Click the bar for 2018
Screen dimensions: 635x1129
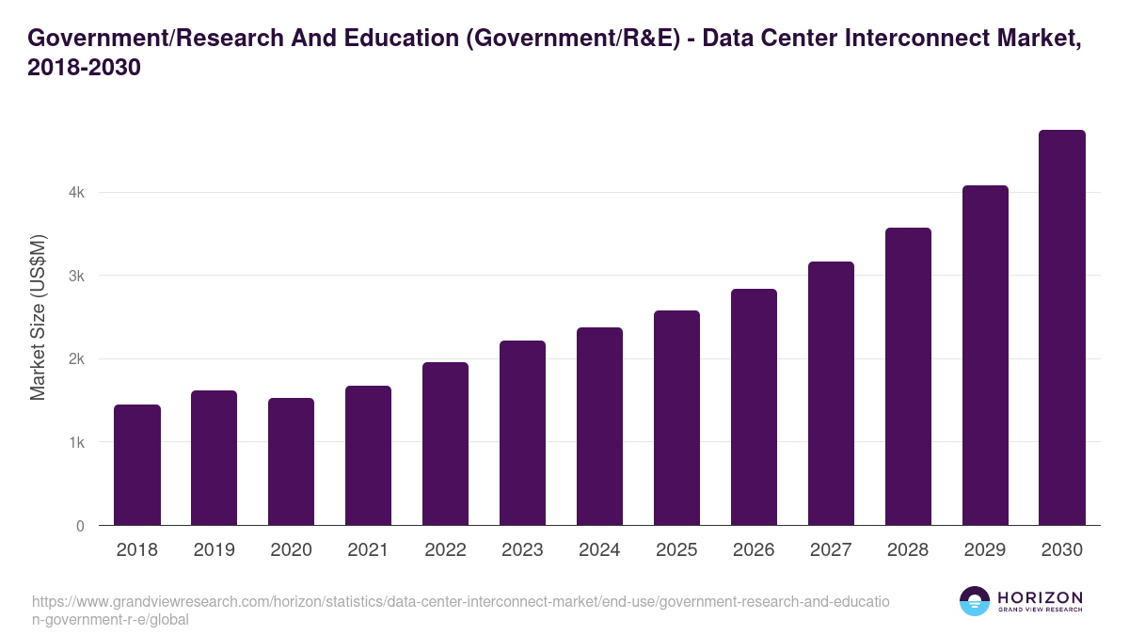click(137, 465)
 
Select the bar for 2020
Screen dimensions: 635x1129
click(291, 462)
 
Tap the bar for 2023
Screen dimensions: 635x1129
click(522, 433)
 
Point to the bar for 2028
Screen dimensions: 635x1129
click(908, 376)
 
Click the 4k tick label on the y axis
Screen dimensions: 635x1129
click(76, 193)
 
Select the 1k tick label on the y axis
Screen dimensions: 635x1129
click(76, 442)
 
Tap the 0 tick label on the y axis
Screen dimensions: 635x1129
click(80, 526)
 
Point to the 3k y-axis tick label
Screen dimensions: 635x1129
click(76, 276)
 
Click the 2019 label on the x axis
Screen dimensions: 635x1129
click(214, 550)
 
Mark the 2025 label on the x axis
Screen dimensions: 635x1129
click(676, 550)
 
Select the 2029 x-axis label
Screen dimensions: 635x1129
click(985, 550)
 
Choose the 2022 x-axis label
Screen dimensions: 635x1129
click(445, 550)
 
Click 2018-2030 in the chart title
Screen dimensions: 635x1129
click(85, 68)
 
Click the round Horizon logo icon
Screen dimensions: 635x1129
click(974, 601)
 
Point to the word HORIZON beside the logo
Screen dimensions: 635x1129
click(1040, 596)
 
